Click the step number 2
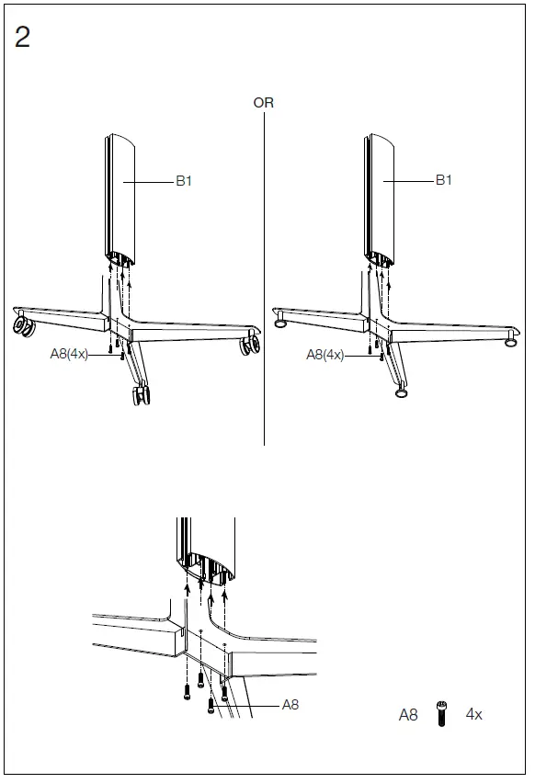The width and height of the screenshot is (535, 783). pyautogui.click(x=23, y=38)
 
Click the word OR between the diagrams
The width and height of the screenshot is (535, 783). pyautogui.click(x=264, y=103)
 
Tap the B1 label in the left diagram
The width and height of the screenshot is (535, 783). pyautogui.click(x=184, y=181)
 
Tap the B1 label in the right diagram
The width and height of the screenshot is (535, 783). pyautogui.click(x=444, y=180)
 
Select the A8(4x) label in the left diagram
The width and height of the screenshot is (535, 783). pyautogui.click(x=69, y=353)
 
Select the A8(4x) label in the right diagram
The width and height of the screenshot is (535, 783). pyautogui.click(x=324, y=355)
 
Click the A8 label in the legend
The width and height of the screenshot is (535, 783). pyautogui.click(x=408, y=714)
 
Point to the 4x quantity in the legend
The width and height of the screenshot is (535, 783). pyautogui.click(x=473, y=714)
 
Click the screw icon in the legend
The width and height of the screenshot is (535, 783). pyautogui.click(x=442, y=713)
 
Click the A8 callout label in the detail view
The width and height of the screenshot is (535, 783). pyautogui.click(x=290, y=705)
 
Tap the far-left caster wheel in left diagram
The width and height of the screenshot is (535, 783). pyautogui.click(x=21, y=324)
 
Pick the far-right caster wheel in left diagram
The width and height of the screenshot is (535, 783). pyautogui.click(x=247, y=346)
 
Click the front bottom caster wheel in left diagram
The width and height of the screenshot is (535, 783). pyautogui.click(x=141, y=395)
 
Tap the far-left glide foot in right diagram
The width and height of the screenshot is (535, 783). pyautogui.click(x=279, y=322)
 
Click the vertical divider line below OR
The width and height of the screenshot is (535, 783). pyautogui.click(x=264, y=276)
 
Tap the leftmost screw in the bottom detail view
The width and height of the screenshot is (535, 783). pyautogui.click(x=188, y=690)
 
